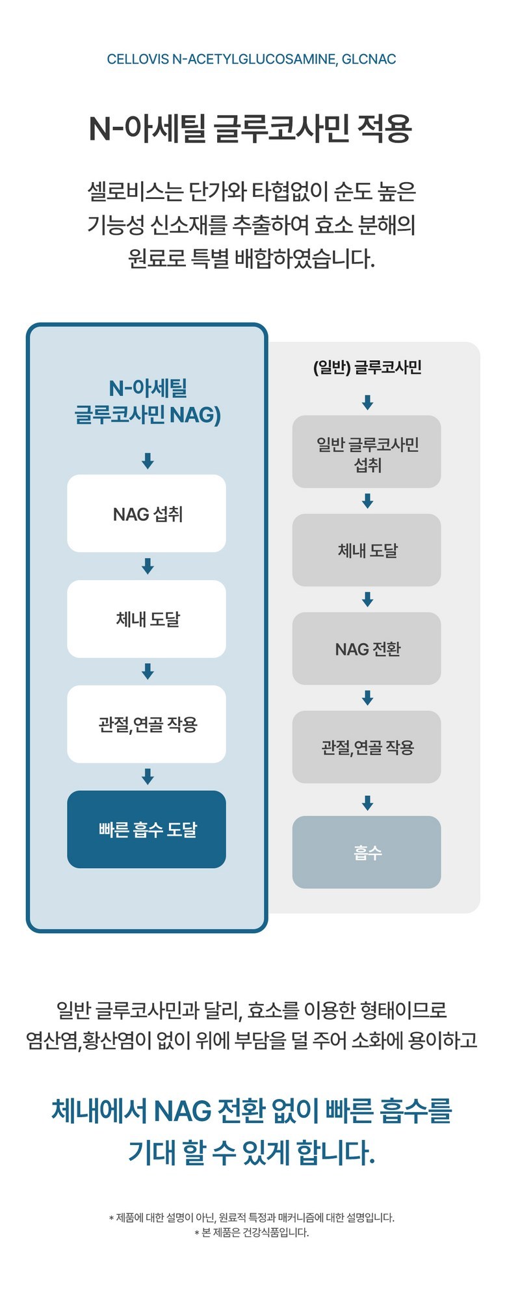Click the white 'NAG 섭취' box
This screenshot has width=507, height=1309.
[x=147, y=514]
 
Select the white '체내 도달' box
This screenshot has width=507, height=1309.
[x=147, y=619]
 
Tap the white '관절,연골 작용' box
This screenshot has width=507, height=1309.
[x=147, y=724]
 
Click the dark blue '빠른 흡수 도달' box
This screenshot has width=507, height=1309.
[x=147, y=830]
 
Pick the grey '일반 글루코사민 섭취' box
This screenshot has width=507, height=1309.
[x=367, y=453]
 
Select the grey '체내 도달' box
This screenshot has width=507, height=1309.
[x=367, y=551]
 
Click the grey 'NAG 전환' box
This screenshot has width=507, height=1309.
[x=367, y=649]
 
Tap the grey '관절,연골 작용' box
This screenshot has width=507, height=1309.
[x=367, y=747]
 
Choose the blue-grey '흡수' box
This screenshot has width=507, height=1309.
[x=367, y=853]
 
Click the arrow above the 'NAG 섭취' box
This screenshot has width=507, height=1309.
[x=148, y=461]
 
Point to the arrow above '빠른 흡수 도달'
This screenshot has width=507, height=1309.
[x=148, y=776]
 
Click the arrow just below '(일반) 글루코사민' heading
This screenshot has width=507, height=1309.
[x=367, y=403]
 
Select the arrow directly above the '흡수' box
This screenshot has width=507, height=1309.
[x=367, y=803]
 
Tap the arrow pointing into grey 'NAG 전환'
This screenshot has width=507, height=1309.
[x=367, y=600]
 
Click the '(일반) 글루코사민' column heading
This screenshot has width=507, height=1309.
[x=367, y=368]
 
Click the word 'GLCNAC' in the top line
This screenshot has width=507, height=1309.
[x=369, y=59]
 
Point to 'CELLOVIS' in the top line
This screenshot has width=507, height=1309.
[x=138, y=59]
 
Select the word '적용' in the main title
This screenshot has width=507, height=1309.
[x=385, y=129]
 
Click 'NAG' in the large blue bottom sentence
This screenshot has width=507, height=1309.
[x=183, y=1111]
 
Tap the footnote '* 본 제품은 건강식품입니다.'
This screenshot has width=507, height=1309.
[x=252, y=1233]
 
